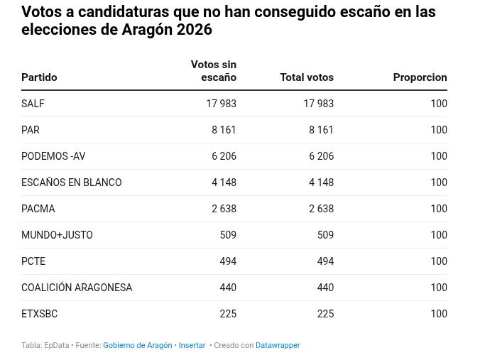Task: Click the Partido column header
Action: (39, 77)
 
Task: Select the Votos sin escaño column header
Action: (214, 71)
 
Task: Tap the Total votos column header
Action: (306, 77)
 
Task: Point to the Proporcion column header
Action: (420, 77)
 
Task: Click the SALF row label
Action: (33, 104)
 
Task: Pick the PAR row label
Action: (31, 130)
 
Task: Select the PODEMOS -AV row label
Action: (53, 156)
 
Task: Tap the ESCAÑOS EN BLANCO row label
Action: (71, 182)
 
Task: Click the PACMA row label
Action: (38, 209)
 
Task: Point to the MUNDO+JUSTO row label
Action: (57, 235)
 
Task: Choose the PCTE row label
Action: (33, 261)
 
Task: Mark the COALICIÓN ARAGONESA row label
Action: (77, 288)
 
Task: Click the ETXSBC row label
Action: (40, 314)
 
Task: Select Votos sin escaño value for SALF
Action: (221, 104)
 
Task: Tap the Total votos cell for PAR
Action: (321, 130)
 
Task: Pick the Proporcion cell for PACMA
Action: (438, 209)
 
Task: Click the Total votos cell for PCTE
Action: (325, 261)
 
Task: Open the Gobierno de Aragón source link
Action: (137, 346)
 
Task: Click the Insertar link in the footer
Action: (192, 346)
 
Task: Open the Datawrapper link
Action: (278, 346)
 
